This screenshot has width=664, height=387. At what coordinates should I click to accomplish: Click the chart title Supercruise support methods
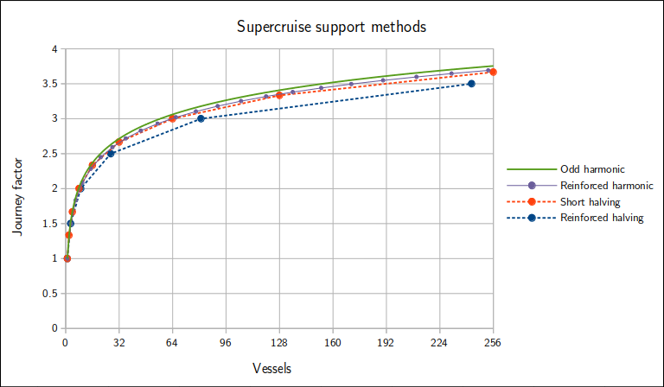click(332, 27)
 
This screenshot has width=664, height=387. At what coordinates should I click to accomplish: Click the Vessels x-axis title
click(271, 368)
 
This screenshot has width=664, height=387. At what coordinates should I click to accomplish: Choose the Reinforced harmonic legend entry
click(606, 186)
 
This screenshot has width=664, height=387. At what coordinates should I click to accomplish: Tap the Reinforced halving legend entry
click(602, 218)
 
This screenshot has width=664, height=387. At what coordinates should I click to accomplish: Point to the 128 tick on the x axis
click(279, 342)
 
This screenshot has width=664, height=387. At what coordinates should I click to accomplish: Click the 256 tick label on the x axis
click(494, 342)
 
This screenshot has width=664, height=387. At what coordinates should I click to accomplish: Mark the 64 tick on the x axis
click(172, 342)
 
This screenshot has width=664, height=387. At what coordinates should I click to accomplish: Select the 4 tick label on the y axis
click(54, 49)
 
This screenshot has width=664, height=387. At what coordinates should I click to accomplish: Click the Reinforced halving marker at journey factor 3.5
click(471, 84)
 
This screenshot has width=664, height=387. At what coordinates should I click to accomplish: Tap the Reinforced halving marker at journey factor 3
click(201, 118)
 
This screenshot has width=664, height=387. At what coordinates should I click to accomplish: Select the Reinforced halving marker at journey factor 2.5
click(111, 154)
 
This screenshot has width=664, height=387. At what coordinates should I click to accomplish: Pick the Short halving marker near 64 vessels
click(173, 118)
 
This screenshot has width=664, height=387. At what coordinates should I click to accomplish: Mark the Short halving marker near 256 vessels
click(493, 72)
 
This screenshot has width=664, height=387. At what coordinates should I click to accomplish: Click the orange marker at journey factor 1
click(67, 258)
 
